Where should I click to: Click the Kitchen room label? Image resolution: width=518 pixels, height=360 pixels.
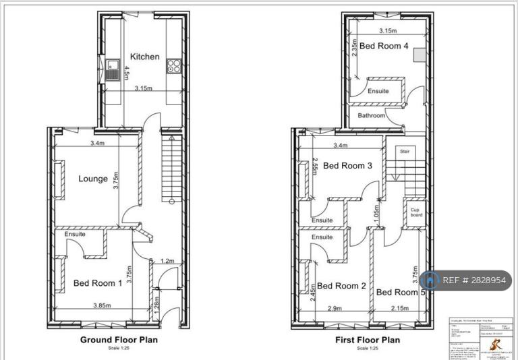click(x=145, y=57)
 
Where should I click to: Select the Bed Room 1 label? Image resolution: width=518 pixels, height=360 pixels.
click(x=98, y=283)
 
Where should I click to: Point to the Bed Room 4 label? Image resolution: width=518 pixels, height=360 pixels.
click(x=383, y=47)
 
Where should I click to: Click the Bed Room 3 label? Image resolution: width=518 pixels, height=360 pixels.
click(x=347, y=165)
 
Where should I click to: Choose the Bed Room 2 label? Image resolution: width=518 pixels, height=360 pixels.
click(x=341, y=286)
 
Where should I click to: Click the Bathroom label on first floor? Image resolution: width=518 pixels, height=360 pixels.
click(x=372, y=116)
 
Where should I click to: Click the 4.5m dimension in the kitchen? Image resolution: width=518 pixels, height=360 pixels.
click(x=125, y=70)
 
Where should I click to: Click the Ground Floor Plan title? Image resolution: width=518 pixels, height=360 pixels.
click(x=119, y=340)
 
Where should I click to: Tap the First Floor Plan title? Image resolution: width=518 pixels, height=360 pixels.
click(x=367, y=340)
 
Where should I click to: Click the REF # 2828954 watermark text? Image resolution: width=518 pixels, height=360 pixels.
click(x=474, y=280)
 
